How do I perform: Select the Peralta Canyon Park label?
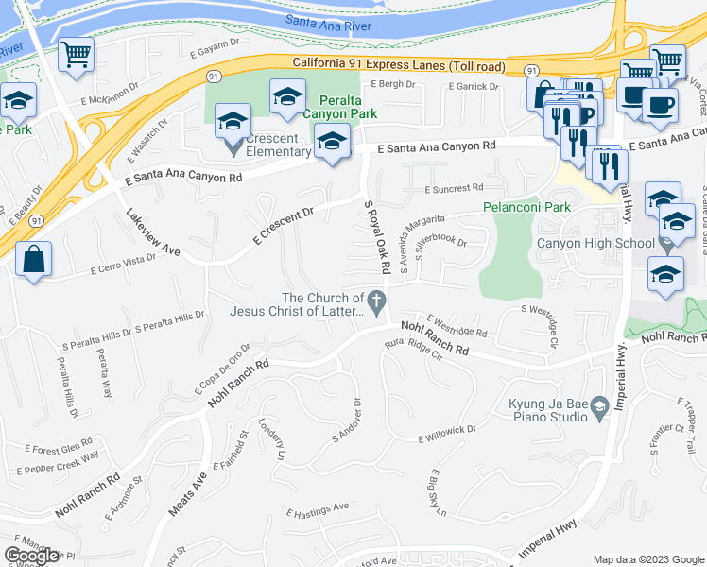[x=333, y=107]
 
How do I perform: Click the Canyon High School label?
[x=595, y=243]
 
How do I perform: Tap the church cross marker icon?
[x=376, y=304]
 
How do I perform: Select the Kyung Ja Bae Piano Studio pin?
[x=598, y=408]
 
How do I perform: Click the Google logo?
[x=31, y=556]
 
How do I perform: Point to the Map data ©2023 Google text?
[x=648, y=559]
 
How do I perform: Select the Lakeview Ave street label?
[x=154, y=233]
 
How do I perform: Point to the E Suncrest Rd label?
[x=454, y=188]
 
